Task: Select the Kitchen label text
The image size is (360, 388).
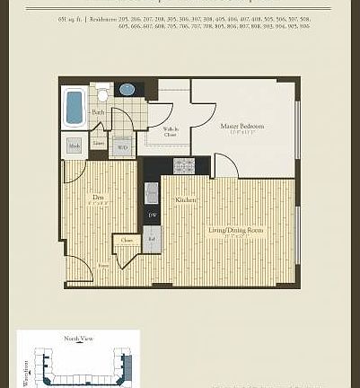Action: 186,199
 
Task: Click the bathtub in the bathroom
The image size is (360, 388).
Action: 74,107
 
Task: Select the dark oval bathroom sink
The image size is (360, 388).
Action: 127,90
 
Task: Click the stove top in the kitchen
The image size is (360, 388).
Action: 184,166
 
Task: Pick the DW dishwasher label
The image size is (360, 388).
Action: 152,216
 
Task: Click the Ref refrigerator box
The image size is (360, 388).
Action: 152,240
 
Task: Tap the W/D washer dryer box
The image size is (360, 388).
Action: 122,145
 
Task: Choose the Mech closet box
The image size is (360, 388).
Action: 75,145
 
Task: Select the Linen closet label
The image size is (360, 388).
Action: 99,144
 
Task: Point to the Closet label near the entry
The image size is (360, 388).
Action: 127,240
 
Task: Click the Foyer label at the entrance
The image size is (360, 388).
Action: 104,266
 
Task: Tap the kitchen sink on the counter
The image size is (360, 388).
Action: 152,191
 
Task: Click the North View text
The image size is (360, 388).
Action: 77,339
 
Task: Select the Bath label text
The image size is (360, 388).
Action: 97,112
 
